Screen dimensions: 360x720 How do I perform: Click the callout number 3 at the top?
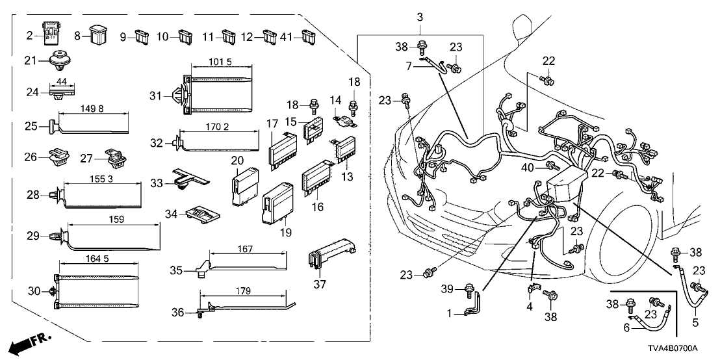[420, 16]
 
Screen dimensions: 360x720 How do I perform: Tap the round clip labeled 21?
[61, 60]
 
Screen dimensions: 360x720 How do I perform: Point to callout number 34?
[172, 214]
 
